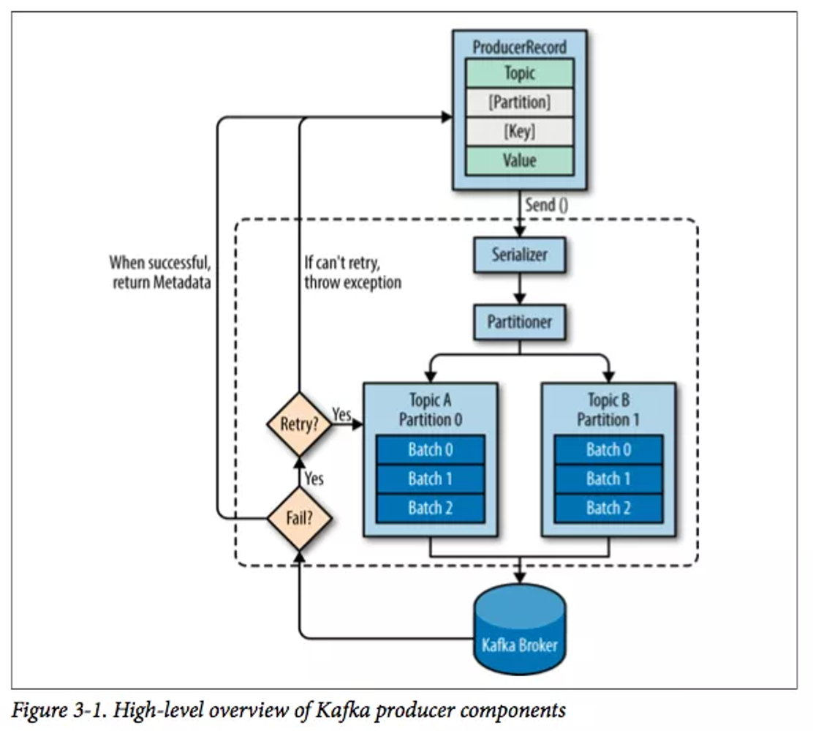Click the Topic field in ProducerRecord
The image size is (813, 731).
(x=519, y=73)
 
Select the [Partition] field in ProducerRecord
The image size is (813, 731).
(x=519, y=102)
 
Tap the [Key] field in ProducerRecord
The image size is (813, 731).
(x=519, y=132)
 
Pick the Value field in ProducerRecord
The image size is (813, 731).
(x=519, y=160)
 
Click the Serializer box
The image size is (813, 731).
(x=519, y=256)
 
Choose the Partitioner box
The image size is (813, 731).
(x=519, y=322)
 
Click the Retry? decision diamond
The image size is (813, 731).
(x=298, y=424)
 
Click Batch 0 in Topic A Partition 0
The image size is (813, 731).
(x=430, y=449)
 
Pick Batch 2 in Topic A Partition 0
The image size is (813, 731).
(x=430, y=508)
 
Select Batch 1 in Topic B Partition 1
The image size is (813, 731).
(x=608, y=479)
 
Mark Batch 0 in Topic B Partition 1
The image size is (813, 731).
(x=608, y=449)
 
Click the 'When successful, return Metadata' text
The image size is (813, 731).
(x=160, y=272)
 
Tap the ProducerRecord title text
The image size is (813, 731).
(x=519, y=48)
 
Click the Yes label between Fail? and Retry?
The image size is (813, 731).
(x=314, y=479)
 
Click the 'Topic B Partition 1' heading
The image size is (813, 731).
(x=608, y=411)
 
